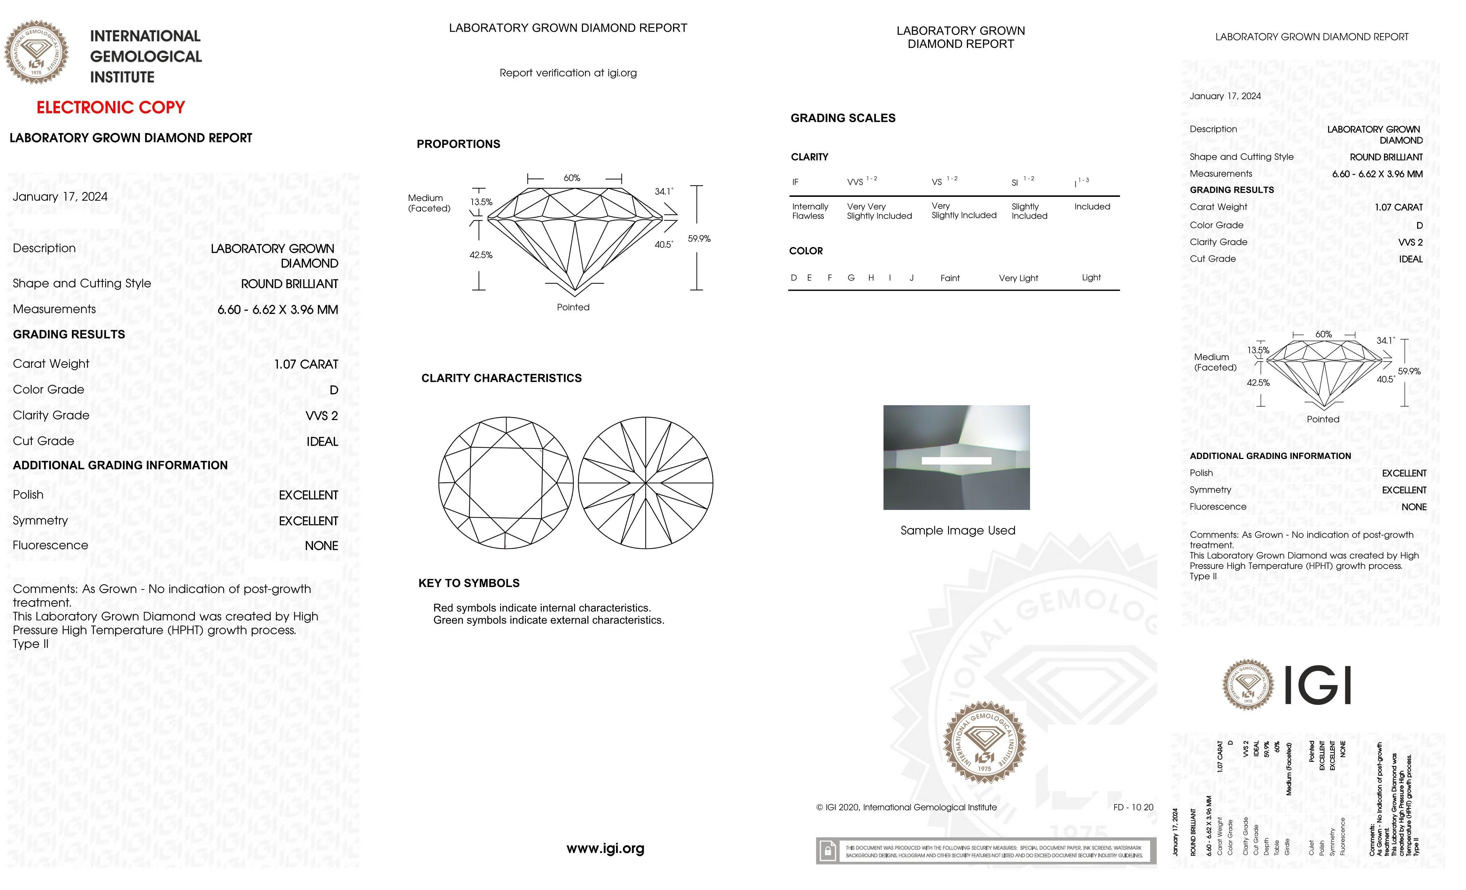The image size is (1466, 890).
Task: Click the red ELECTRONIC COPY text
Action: tap(111, 108)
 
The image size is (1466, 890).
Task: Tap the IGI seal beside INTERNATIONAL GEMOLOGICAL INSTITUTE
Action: tap(36, 52)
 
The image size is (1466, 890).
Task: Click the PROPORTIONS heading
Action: tap(458, 144)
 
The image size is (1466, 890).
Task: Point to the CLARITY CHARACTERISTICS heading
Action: tap(501, 378)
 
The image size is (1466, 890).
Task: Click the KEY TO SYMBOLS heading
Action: tap(469, 583)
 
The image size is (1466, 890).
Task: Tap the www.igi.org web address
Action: tap(605, 848)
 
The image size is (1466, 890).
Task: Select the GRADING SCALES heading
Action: tap(843, 118)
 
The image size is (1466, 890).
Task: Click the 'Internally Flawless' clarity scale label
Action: tap(810, 211)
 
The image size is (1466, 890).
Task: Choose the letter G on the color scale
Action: tap(851, 278)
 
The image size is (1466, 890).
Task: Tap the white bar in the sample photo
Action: tap(956, 460)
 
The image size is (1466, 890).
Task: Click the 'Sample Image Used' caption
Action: tap(957, 531)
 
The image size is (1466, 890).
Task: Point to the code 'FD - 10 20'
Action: tap(1133, 807)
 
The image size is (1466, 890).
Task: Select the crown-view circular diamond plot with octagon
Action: tap(506, 482)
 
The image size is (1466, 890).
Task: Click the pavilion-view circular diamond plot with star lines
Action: tap(645, 482)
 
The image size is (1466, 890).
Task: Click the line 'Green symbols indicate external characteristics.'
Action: tap(549, 621)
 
